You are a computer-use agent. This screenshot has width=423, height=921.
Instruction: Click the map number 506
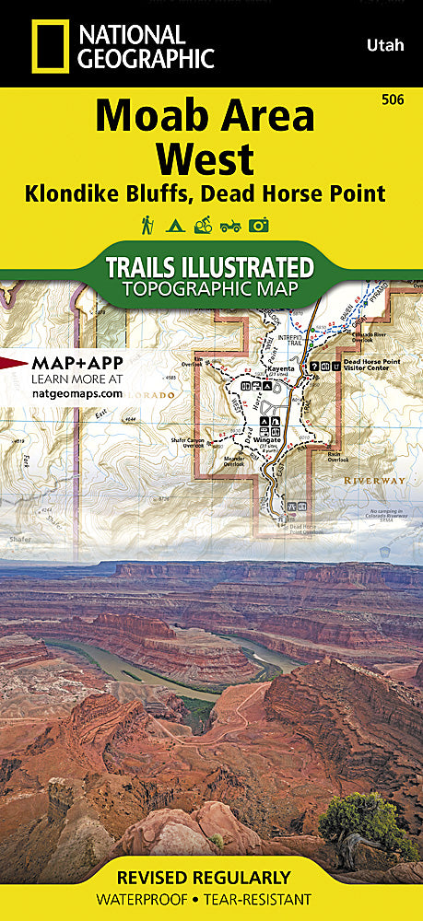401,99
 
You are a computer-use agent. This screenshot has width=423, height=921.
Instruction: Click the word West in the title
205,159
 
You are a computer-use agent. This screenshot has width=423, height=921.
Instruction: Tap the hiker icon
146,224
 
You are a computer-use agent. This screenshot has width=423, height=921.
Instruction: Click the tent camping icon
173,224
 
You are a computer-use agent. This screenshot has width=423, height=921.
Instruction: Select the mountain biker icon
201,224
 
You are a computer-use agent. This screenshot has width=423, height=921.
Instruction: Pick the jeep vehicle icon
229,224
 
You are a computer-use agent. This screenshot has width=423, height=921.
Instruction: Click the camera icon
258,224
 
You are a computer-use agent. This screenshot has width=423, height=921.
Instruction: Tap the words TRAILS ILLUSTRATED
209,268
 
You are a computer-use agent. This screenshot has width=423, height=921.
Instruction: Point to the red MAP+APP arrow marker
14,362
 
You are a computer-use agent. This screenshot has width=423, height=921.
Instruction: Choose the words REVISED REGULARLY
211,877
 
